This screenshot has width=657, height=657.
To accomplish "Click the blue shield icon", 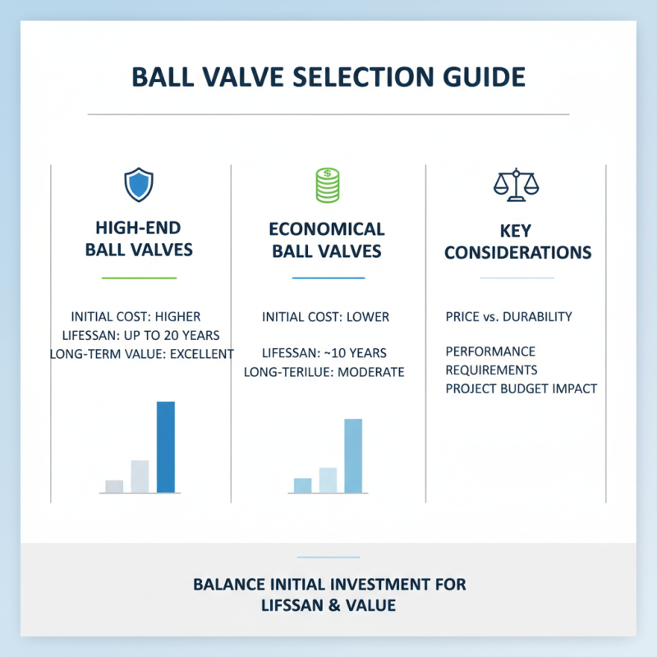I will [x=138, y=185].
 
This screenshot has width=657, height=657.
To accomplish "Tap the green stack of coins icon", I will [x=328, y=185].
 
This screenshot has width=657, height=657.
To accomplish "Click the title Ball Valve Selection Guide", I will [x=328, y=77].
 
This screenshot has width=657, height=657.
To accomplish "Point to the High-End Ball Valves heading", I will [x=139, y=239].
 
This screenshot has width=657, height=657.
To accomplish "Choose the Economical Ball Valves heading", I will [x=328, y=239].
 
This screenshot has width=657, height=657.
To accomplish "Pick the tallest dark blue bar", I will [x=165, y=447].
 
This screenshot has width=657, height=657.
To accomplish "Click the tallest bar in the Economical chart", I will [x=353, y=456].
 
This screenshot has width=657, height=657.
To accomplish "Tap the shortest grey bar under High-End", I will [x=114, y=486].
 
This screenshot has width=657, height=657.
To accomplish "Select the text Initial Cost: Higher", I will [x=136, y=316].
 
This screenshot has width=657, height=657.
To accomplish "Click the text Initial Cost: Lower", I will [x=325, y=316].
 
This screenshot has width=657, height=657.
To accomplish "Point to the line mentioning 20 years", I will [x=140, y=335].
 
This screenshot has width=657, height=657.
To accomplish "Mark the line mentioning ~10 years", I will [x=324, y=353].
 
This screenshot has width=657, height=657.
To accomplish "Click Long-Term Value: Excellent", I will [x=141, y=354].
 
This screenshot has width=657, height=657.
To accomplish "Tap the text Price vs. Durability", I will [x=508, y=316].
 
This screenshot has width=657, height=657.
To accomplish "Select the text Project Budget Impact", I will [x=521, y=388].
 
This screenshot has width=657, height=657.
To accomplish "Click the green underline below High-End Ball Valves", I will [x=139, y=278].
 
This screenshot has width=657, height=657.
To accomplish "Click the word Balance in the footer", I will [x=227, y=585].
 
